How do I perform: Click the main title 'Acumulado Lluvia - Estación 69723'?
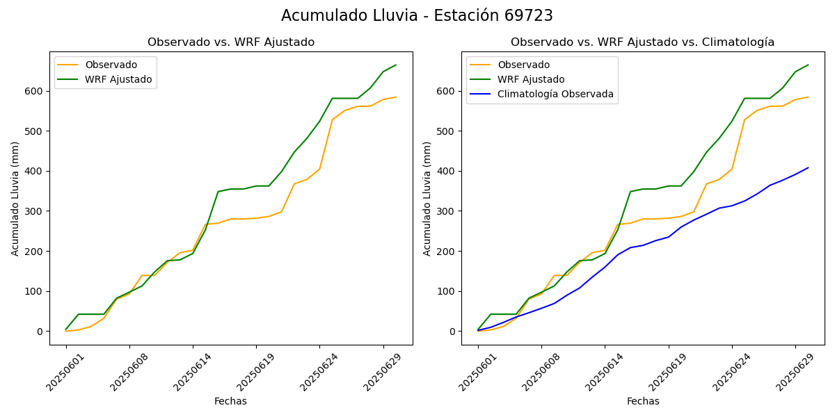417,15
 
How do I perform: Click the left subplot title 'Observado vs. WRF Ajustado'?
230,42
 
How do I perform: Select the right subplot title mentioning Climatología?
642,42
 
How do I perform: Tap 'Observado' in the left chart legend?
111,65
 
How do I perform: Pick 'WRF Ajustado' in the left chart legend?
118,79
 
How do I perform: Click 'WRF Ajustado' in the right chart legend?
531,79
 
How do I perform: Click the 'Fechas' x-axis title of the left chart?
230,401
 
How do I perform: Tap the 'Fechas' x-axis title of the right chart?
643,401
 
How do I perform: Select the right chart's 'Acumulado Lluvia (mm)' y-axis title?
427,198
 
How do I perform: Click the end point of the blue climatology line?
808,167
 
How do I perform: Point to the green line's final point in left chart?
396,65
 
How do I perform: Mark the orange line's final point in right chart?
808,97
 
